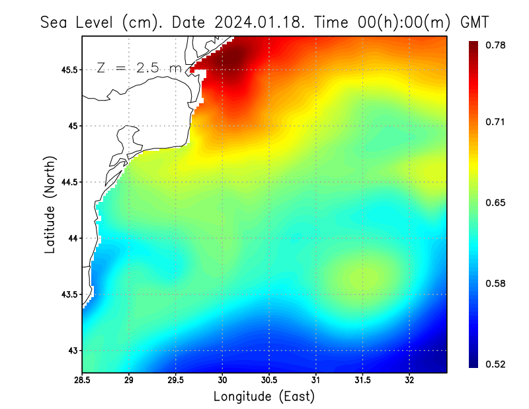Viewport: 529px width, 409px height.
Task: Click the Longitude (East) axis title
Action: point(264,396)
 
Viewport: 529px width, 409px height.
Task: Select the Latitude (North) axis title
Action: point(50,204)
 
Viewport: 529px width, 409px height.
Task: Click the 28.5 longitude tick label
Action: point(83,380)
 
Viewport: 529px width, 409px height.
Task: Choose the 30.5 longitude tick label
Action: point(269,380)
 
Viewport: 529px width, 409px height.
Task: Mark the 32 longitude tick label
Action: point(409,380)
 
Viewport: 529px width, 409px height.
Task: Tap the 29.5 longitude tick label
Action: point(176,380)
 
